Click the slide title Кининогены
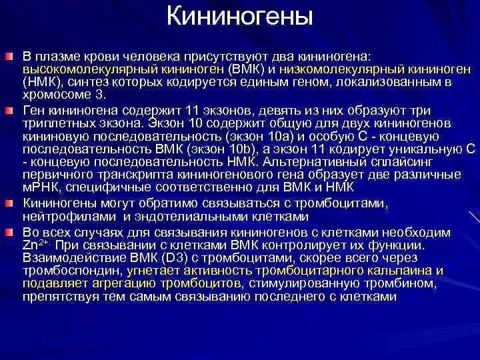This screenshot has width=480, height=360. click(x=239, y=15)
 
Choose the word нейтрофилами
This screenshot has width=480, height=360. click(x=56, y=217)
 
